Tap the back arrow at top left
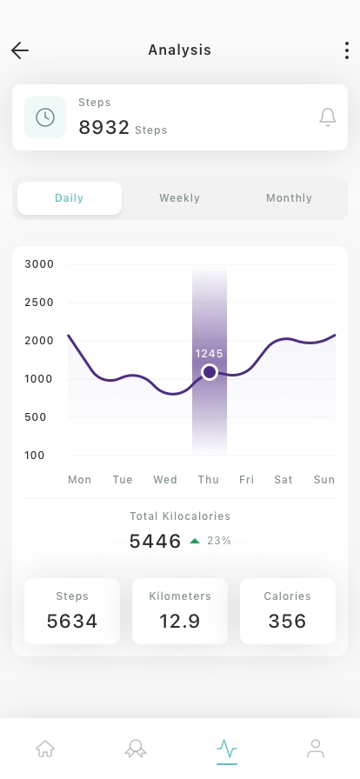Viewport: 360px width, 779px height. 20,50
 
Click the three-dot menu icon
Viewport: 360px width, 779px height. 347,50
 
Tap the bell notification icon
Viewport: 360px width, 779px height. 328,117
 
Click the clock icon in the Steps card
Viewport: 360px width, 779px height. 45,117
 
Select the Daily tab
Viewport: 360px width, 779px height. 70,198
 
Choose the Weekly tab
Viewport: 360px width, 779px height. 180,198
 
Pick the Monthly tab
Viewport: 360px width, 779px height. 289,198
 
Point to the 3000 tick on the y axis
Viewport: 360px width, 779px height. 39,264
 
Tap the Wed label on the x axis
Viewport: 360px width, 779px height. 165,480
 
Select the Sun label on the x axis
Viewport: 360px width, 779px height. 324,480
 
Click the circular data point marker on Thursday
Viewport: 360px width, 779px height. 209,372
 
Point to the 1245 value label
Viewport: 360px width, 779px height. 210,354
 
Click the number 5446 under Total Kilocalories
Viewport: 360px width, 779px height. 155,542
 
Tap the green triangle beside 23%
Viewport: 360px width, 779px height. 195,541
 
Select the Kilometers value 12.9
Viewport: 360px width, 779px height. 180,621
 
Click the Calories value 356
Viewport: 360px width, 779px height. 288,621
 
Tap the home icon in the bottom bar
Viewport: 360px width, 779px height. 45,748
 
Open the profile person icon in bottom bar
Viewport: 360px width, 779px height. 316,748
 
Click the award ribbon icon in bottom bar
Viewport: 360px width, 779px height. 136,748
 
